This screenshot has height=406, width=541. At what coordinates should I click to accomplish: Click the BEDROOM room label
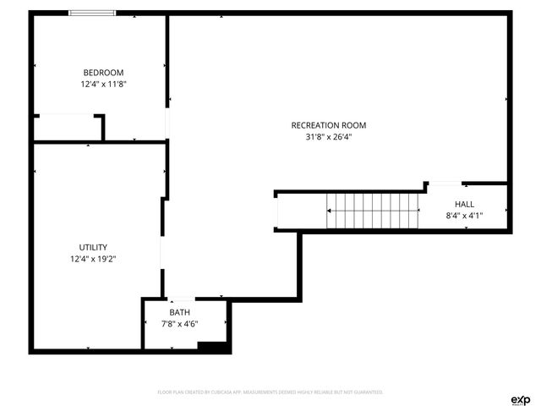click(x=103, y=72)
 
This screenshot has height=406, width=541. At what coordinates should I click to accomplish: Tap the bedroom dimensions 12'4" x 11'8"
click(x=103, y=85)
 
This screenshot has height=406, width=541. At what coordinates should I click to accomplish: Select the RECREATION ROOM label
click(x=329, y=125)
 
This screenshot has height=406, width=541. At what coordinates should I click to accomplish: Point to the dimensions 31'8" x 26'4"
click(x=329, y=137)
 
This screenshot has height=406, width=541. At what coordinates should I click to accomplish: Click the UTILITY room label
click(x=93, y=247)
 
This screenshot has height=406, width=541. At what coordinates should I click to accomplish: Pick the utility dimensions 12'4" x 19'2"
click(x=93, y=259)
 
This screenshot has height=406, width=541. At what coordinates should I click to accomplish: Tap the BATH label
click(x=180, y=311)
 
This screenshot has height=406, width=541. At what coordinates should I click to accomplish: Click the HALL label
click(x=465, y=204)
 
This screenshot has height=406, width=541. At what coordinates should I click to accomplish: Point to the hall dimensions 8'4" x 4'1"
click(x=465, y=216)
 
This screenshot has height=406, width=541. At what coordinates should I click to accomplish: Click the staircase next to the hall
click(x=374, y=211)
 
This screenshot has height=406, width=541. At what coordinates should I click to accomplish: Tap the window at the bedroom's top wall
click(x=92, y=13)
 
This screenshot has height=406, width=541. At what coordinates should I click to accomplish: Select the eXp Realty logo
click(x=520, y=399)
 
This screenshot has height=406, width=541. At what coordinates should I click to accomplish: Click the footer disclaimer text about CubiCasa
click(x=270, y=392)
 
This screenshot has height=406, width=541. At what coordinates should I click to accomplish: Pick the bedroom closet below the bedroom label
click(x=68, y=128)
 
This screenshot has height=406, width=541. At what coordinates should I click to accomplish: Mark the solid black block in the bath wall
click(x=211, y=345)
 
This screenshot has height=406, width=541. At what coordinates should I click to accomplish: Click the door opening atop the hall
click(x=445, y=183)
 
